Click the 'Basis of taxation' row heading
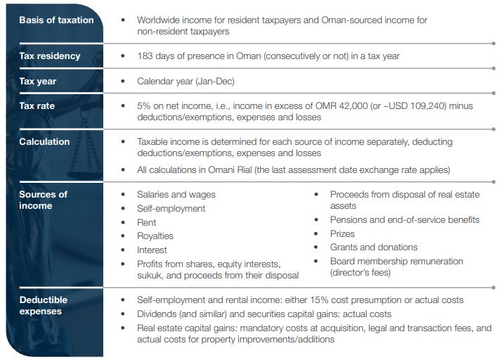click(x=56, y=20)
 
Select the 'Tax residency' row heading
click(x=50, y=56)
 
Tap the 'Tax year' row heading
click(x=38, y=82)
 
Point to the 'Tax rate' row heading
click(x=37, y=106)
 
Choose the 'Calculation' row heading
click(x=45, y=142)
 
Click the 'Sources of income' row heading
click(x=44, y=200)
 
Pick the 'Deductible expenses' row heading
click(x=44, y=306)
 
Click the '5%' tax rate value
click(x=145, y=106)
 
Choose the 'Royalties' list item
click(x=155, y=236)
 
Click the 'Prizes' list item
click(x=342, y=233)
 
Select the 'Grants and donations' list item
click(x=374, y=247)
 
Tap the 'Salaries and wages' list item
click(x=176, y=194)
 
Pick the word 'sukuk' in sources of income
click(x=150, y=275)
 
